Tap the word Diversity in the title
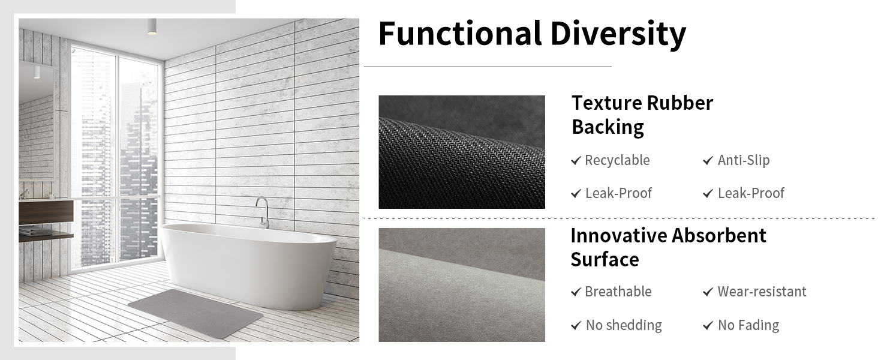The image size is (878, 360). click(x=618, y=34)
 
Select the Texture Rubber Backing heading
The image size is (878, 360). click(x=642, y=115)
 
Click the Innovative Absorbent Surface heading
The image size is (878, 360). click(x=668, y=247)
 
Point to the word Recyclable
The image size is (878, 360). click(x=617, y=160)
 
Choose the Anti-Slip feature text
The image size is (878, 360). click(x=744, y=160)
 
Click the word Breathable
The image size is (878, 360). click(x=618, y=292)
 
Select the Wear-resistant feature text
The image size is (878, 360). click(x=762, y=292)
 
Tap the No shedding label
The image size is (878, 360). click(x=624, y=325)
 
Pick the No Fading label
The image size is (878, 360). click(x=748, y=325)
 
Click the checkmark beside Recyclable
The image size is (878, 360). click(x=576, y=161)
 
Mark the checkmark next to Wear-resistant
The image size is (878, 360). click(x=708, y=292)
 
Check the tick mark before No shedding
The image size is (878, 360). click(x=576, y=326)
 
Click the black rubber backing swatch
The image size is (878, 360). click(x=462, y=152)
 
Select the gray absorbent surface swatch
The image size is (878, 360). click(x=462, y=285)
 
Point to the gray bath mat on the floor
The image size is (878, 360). click(x=196, y=313)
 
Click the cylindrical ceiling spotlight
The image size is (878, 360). click(x=152, y=26)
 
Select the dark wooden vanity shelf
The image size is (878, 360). click(x=46, y=211)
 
